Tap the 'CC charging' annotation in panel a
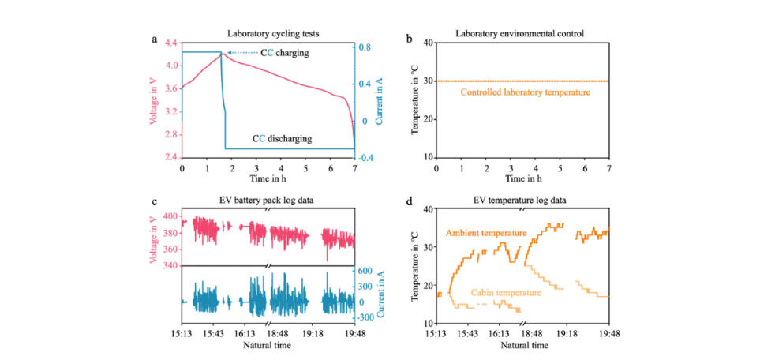click(285, 53)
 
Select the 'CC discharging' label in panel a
click(282, 138)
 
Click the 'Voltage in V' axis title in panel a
click(155, 100)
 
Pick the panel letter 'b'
click(407, 37)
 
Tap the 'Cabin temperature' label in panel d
click(506, 292)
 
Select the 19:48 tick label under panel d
click(608, 335)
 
